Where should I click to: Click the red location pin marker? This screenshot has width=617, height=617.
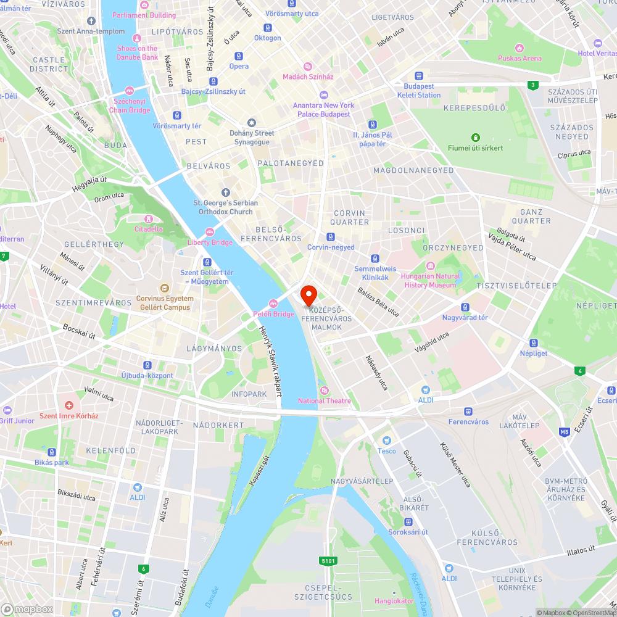(308, 295)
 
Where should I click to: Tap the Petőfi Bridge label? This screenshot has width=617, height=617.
(275, 314)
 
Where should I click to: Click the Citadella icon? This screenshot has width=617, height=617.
(148, 219)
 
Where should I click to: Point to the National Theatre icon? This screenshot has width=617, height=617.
(325, 391)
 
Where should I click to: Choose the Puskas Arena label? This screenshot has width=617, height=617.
(520, 59)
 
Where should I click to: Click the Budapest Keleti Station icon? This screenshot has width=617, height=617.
(419, 77)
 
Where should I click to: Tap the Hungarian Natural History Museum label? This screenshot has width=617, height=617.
(430, 281)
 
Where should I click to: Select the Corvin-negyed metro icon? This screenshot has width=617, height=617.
(331, 237)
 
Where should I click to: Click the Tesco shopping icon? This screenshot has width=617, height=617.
(386, 441)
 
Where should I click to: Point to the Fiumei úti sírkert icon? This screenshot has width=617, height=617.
(475, 138)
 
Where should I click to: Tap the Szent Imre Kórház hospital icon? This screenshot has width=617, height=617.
(68, 405)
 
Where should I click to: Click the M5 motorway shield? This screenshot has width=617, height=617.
(565, 432)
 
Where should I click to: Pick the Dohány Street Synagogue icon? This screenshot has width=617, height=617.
(251, 123)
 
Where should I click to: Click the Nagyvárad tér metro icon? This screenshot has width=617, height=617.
(465, 307)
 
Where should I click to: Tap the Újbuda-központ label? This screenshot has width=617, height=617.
(147, 376)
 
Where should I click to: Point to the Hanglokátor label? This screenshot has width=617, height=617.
(394, 600)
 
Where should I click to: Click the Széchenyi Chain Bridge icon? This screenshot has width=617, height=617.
(130, 91)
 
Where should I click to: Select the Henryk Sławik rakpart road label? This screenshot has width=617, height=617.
(270, 361)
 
